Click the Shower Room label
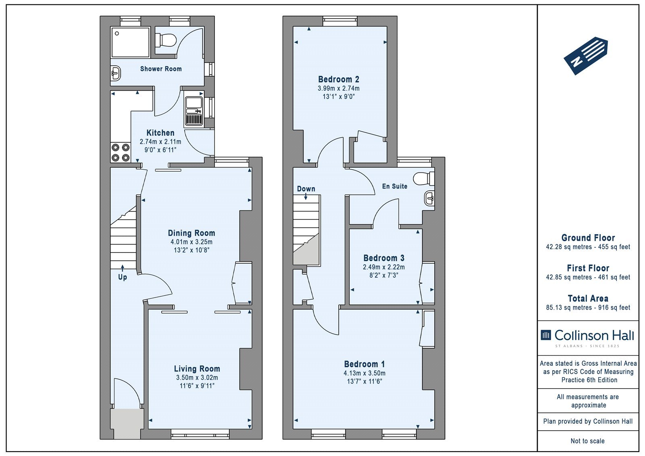pyautogui.click(x=161, y=69)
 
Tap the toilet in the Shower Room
pyautogui.click(x=165, y=40)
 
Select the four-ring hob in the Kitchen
pyautogui.click(x=121, y=153)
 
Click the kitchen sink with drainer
pyautogui.click(x=194, y=111)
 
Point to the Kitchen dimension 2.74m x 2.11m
pyautogui.click(x=160, y=142)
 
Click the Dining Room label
pyautogui.click(x=191, y=233)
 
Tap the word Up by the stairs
pyautogui.click(x=123, y=277)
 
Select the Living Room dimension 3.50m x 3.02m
pyautogui.click(x=197, y=378)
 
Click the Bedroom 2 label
pyautogui.click(x=339, y=79)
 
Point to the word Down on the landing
pyautogui.click(x=306, y=189)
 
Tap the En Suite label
pyautogui.click(x=395, y=186)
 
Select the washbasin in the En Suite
pyautogui.click(x=429, y=198)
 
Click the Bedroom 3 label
pyautogui.click(x=384, y=258)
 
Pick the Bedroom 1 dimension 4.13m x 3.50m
pyautogui.click(x=364, y=373)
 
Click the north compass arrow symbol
pyautogui.click(x=586, y=56)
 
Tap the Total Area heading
pyautogui.click(x=588, y=298)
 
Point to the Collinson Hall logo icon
pyautogui.click(x=546, y=335)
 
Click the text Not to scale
pyautogui.click(x=588, y=441)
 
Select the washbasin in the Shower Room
pyautogui.click(x=116, y=73)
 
